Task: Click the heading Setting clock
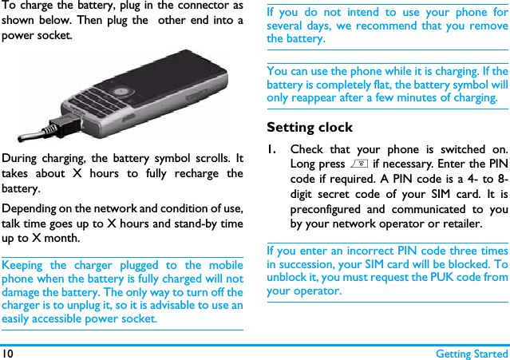point(309,127)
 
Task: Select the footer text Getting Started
point(472,353)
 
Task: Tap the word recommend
point(382,26)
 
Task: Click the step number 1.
point(273,149)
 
